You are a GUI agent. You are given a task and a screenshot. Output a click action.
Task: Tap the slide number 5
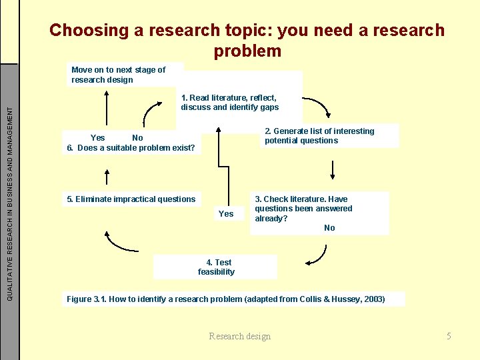coord(449,336)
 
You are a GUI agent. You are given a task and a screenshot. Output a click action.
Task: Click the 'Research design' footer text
coord(239,336)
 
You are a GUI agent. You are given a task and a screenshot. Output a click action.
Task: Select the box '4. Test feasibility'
coord(216,267)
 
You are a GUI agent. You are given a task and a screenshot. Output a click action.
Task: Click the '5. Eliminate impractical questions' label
coord(131,199)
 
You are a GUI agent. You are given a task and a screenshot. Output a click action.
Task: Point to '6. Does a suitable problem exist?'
coord(131,148)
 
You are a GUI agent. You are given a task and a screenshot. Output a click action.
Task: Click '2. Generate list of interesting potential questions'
coord(319,136)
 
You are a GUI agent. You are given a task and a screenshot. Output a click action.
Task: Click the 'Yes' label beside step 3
coord(226,214)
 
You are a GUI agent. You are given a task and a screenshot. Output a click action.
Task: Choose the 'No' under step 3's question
coord(329,228)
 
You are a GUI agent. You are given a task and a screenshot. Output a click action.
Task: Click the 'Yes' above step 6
coord(97,138)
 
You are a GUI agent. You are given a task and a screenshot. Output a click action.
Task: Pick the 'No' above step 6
coord(137,138)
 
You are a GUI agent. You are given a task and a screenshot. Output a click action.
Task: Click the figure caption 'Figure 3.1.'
coord(87,299)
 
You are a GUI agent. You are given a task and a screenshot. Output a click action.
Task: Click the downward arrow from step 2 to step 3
coord(332,169)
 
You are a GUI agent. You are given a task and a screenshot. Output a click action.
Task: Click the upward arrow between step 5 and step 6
coord(105,175)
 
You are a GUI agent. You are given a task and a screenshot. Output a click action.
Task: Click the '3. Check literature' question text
coord(303,209)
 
